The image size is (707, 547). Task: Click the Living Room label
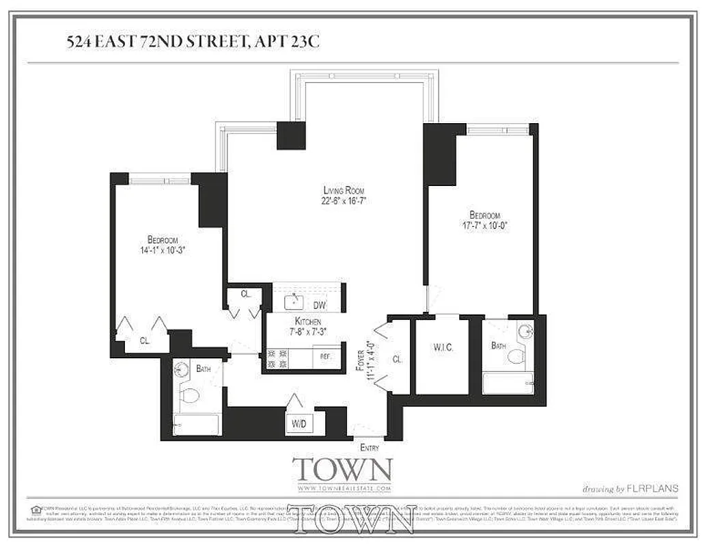pyautogui.click(x=344, y=190)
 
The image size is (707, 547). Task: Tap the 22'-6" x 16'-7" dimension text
pyautogui.click(x=344, y=201)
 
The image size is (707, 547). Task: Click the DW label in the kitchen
pyautogui.click(x=319, y=306)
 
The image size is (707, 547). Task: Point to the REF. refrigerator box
pyautogui.click(x=326, y=356)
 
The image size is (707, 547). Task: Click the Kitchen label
pyautogui.click(x=307, y=321)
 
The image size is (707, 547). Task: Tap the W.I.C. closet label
pyautogui.click(x=443, y=348)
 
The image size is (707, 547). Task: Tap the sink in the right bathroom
pyautogui.click(x=525, y=333)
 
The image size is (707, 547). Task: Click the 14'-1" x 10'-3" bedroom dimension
pyautogui.click(x=163, y=250)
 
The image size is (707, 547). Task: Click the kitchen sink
pyautogui.click(x=296, y=299)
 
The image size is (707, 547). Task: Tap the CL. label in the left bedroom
pyautogui.click(x=145, y=340)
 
